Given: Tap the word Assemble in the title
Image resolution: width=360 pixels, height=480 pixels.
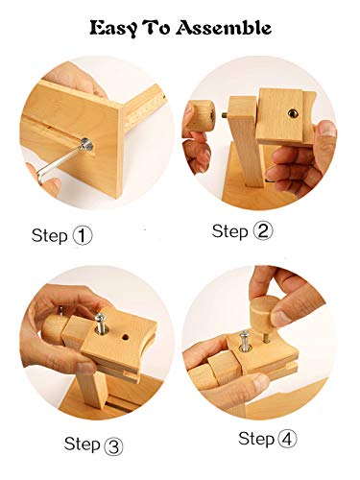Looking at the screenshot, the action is [x=224, y=28].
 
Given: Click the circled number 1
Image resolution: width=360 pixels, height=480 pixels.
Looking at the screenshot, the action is [x=83, y=236].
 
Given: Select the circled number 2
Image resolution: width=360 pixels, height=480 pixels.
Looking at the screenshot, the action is [x=263, y=231].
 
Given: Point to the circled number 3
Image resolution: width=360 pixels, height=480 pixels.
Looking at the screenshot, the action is [x=113, y=445].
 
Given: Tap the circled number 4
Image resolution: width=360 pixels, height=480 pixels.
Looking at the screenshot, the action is [x=287, y=439].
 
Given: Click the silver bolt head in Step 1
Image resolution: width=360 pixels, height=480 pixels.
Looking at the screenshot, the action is [x=86, y=145].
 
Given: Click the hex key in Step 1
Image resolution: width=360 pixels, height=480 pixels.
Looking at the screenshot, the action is [x=58, y=165].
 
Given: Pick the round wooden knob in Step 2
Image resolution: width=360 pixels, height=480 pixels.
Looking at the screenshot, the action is [x=202, y=115].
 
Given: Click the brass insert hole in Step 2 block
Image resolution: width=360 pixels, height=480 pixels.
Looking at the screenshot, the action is [x=293, y=113].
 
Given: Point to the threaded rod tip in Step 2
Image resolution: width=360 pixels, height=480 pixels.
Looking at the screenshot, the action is [x=226, y=114].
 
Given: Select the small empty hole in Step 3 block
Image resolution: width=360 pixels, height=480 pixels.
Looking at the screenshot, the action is [x=125, y=337].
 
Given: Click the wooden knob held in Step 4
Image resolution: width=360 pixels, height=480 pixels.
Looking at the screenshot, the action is [x=264, y=310].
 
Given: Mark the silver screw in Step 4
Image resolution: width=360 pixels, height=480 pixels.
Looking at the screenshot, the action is [x=245, y=340].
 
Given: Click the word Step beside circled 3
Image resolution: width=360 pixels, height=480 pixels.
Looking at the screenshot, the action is [x=83, y=444].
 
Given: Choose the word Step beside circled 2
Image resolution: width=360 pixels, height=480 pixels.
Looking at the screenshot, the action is [x=230, y=231].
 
